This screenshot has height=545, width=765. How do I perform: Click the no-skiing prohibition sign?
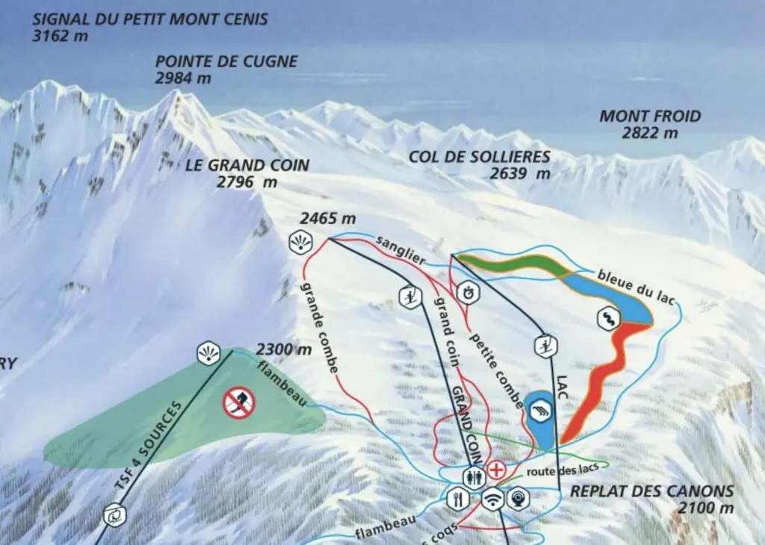[x=239, y=403]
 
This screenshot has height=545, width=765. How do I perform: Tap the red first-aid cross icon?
[x=496, y=470]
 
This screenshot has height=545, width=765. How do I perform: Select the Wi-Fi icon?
[x=492, y=499]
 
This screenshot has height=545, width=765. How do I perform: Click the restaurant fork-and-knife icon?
[x=456, y=497]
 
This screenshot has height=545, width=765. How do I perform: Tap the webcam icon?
[x=517, y=497]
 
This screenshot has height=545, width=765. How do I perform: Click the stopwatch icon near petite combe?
[x=467, y=292]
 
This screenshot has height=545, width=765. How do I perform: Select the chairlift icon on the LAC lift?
[x=547, y=346]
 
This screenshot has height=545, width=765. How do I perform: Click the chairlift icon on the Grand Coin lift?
[x=409, y=296]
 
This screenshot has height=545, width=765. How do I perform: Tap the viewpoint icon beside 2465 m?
[x=298, y=242]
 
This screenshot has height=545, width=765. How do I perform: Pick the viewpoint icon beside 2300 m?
[x=208, y=354]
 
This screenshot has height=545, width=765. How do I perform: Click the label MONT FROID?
[x=650, y=116]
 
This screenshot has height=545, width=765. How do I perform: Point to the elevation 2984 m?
[x=183, y=78]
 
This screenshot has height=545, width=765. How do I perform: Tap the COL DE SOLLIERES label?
[x=480, y=157]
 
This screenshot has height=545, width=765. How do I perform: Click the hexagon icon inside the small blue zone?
[x=539, y=409]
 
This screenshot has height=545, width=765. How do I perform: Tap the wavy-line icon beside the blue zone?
[x=609, y=319]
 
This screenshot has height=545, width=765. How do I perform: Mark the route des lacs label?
[x=556, y=472]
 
